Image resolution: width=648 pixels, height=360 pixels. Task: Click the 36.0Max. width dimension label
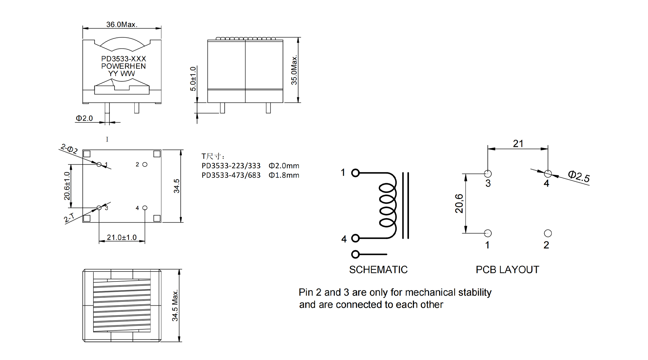pos(122,24)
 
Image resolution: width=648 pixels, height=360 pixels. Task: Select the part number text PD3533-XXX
pos(123,59)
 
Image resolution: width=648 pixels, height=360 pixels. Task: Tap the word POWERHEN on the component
pos(123,66)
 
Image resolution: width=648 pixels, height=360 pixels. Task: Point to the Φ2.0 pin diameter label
pos(84,118)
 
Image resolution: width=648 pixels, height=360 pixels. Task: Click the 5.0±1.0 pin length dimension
pos(193,79)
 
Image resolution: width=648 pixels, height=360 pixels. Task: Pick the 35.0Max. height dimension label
pos(294,70)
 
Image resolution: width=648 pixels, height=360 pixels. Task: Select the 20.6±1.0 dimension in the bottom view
pos(67,186)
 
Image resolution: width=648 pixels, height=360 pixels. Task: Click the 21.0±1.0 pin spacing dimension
pos(122,237)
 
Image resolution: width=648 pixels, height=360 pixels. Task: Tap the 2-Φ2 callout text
pos(69,149)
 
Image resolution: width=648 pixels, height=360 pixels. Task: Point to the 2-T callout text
pos(69,217)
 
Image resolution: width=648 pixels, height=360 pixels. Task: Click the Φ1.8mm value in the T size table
pos(284,175)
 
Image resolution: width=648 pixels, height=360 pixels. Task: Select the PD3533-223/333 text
pos(231,166)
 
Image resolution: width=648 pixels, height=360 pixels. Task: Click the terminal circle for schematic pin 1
pos(355,173)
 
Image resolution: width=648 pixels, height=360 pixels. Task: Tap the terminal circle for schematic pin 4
pos(355,238)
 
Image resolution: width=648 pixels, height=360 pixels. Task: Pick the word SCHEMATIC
pos(378,270)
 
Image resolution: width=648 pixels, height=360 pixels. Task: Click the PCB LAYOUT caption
pos(508,270)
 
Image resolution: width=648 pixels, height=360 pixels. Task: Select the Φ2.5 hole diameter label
pos(579,176)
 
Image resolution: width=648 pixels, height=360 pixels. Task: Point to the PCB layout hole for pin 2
pos(548,233)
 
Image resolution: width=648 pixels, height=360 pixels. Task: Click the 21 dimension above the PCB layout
pos(518,144)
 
